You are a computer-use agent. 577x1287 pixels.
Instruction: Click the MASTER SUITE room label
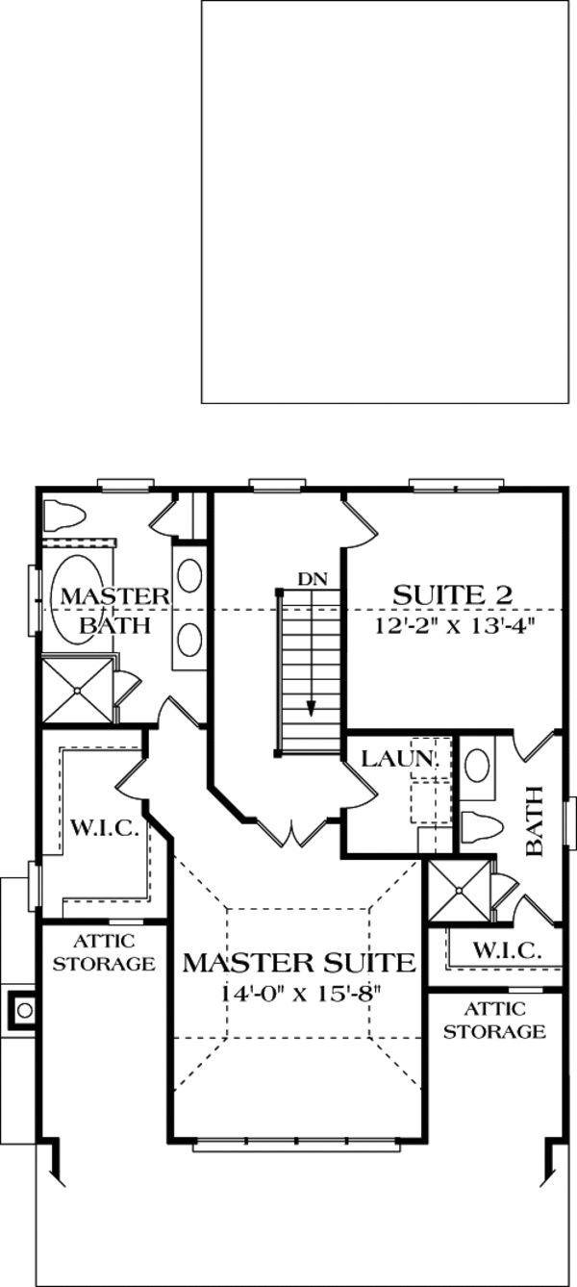click(x=299, y=962)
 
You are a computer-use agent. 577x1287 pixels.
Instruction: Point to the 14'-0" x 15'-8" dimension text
click(x=299, y=994)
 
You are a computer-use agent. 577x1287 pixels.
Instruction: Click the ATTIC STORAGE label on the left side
click(x=104, y=952)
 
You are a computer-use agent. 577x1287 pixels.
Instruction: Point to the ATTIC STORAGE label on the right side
click(x=494, y=1021)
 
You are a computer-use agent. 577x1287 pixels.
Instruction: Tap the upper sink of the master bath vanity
click(x=190, y=576)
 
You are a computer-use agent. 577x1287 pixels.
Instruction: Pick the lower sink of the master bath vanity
click(x=190, y=639)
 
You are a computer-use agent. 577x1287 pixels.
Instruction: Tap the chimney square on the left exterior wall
click(x=23, y=1009)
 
